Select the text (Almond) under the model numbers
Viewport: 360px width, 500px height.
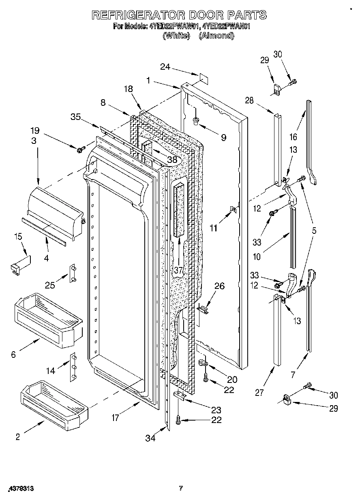coord(216,36)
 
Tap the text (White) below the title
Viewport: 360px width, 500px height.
coord(176,36)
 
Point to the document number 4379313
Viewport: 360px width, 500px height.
coord(20,489)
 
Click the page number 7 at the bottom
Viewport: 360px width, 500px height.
coord(181,488)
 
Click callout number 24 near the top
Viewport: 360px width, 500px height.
coord(165,67)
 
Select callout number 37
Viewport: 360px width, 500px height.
coord(178,270)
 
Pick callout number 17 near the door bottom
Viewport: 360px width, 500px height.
coord(115,418)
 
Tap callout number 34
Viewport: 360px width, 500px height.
coord(151,438)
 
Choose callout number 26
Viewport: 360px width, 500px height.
coord(219,286)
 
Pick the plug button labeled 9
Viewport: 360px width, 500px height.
coord(196,120)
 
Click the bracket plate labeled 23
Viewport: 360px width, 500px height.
coord(180,396)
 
